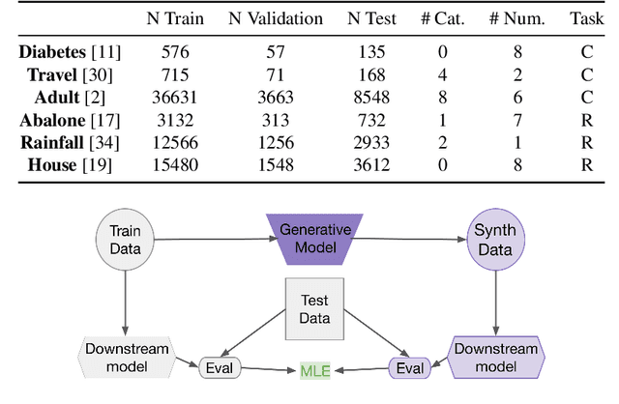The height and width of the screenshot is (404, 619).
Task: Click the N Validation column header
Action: [x=275, y=19]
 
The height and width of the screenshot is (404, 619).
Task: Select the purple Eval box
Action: [x=411, y=368]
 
